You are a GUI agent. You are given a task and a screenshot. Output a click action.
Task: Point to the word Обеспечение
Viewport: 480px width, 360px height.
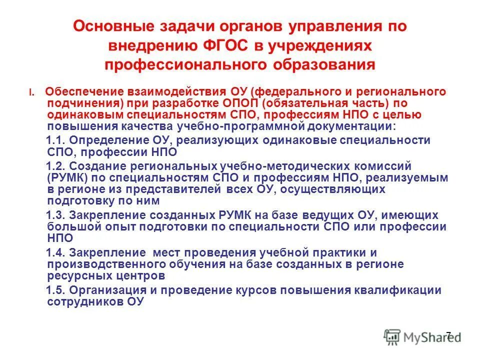[x=77, y=92]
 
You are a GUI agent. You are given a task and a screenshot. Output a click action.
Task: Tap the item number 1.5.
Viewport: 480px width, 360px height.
[x=55, y=290]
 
